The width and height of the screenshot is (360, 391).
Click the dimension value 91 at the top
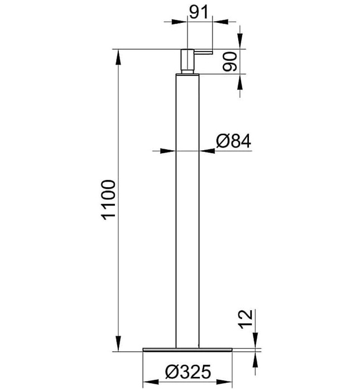tap(199, 12)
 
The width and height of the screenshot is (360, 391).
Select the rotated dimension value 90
tap(230, 61)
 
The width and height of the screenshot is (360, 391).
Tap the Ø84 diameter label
tap(234, 141)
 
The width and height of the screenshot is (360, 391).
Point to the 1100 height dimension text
tap(109, 200)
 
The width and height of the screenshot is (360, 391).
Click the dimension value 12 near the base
tap(246, 319)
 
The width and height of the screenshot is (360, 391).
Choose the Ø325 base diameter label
tap(188, 372)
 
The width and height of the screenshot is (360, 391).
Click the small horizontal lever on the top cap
tap(203, 52)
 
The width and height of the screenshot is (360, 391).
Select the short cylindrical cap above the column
tap(188, 60)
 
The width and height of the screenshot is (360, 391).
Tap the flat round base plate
tap(188, 350)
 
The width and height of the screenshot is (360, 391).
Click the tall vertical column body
tap(188, 211)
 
